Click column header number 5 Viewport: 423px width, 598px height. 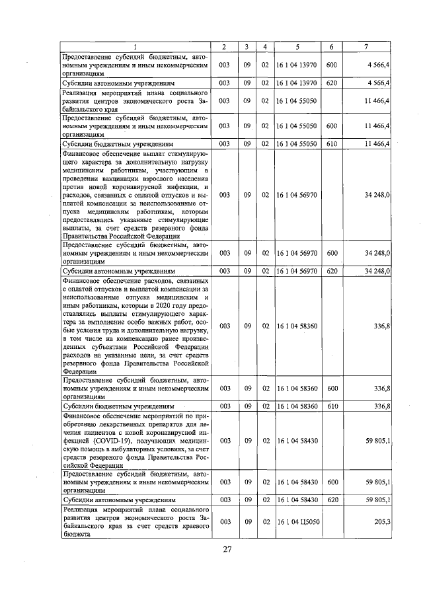pos(297,46)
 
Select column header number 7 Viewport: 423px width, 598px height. pos(367,46)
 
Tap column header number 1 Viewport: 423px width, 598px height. pos(135,46)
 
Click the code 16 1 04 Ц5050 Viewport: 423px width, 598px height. pos(297,521)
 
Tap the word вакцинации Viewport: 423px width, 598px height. pos(122,178)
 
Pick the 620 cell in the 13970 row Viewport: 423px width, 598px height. pos(332,83)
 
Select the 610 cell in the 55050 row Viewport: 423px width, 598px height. pos(332,143)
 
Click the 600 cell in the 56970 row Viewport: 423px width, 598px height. pos(332,252)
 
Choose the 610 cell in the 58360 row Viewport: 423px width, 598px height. pos(332,405)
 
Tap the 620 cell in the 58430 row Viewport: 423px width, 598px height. pos(332,500)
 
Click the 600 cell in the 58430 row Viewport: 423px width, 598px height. pos(332,482)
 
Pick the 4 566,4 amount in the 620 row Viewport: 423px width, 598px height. pos(381,83)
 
